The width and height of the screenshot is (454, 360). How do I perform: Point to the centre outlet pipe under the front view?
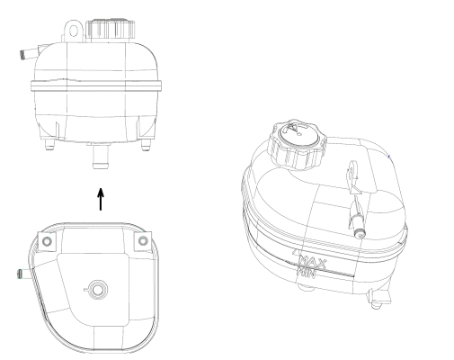coord(100,160)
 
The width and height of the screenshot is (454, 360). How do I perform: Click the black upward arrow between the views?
coord(100,199)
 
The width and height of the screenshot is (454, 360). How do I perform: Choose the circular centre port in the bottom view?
coord(96,289)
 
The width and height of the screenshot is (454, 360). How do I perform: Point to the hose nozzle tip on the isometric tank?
coord(361,231)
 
